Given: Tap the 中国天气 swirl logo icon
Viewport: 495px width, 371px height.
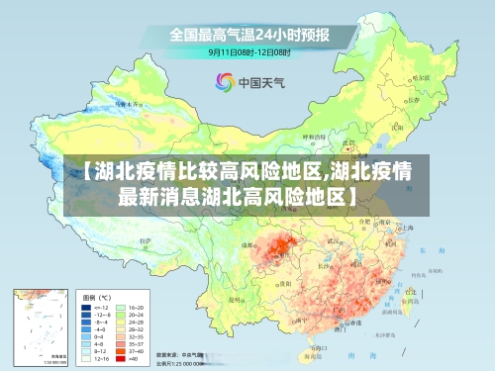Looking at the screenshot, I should coord(223,82).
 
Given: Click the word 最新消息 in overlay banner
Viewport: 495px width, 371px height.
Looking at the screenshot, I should coord(157,195).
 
